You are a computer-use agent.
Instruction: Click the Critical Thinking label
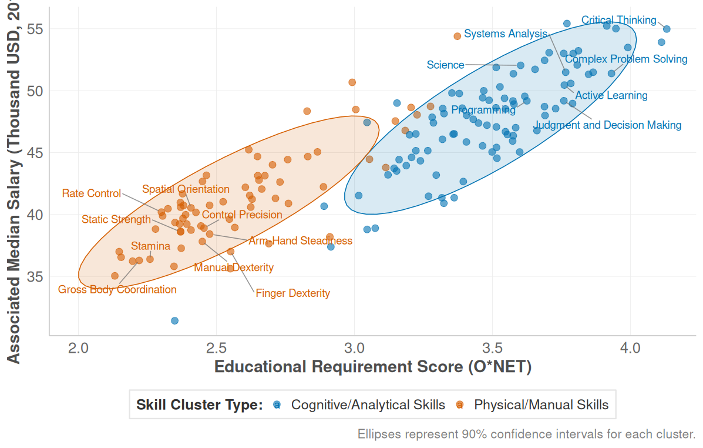pyautogui.click(x=618, y=21)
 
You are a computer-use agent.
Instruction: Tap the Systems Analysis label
pyautogui.click(x=505, y=34)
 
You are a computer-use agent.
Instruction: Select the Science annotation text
pyautogui.click(x=445, y=65)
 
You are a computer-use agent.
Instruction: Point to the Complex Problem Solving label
pyautogui.click(x=626, y=59)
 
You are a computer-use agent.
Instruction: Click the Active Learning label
pyautogui.click(x=611, y=96)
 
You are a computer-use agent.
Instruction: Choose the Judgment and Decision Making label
pyautogui.click(x=607, y=125)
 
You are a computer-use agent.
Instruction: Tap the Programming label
pyautogui.click(x=483, y=111)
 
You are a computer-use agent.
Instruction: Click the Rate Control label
pyautogui.click(x=91, y=193)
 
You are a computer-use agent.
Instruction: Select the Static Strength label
pyautogui.click(x=116, y=220)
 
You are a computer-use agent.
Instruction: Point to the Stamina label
pyautogui.click(x=150, y=246)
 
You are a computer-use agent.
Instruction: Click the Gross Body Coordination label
pyautogui.click(x=117, y=290)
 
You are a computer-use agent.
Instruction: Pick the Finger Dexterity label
pyautogui.click(x=292, y=293)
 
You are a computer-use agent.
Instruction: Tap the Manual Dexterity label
pyautogui.click(x=234, y=268)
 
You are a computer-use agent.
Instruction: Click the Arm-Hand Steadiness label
pyautogui.click(x=300, y=241)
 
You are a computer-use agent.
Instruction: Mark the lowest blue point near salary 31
pyautogui.click(x=174, y=320)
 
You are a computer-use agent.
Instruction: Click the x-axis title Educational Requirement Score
pyautogui.click(x=373, y=367)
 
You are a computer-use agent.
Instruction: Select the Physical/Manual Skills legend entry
pyautogui.click(x=541, y=405)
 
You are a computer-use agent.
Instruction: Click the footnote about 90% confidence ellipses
pyautogui.click(x=526, y=435)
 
